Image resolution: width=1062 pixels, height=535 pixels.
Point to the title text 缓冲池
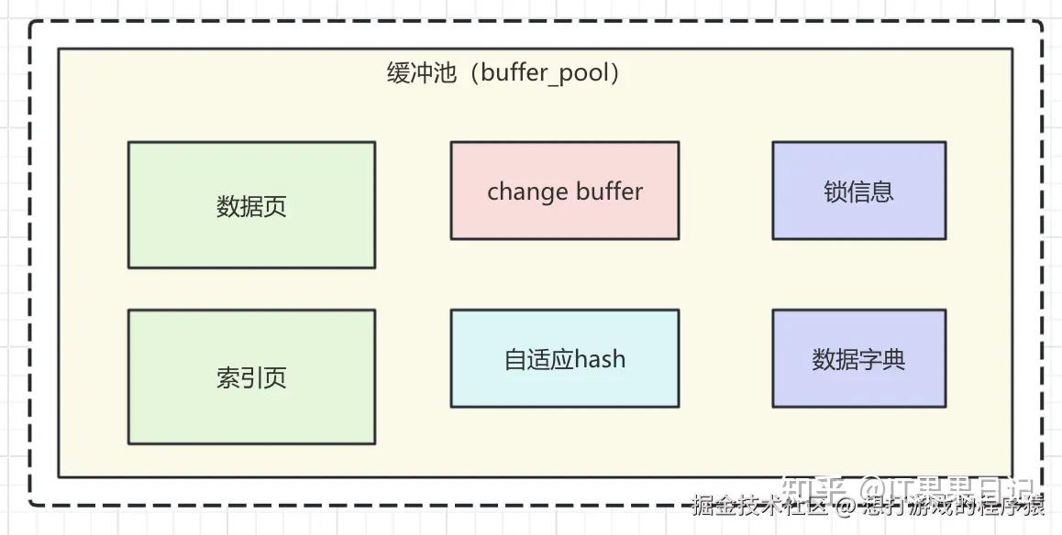pyautogui.click(x=421, y=73)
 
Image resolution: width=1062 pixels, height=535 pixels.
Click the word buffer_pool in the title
pyautogui.click(x=544, y=73)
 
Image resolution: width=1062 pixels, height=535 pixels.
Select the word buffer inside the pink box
pyautogui.click(x=609, y=191)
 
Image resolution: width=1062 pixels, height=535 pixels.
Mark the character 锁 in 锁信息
pyautogui.click(x=835, y=191)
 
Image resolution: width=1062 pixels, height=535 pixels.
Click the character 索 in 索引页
pyautogui.click(x=228, y=377)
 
